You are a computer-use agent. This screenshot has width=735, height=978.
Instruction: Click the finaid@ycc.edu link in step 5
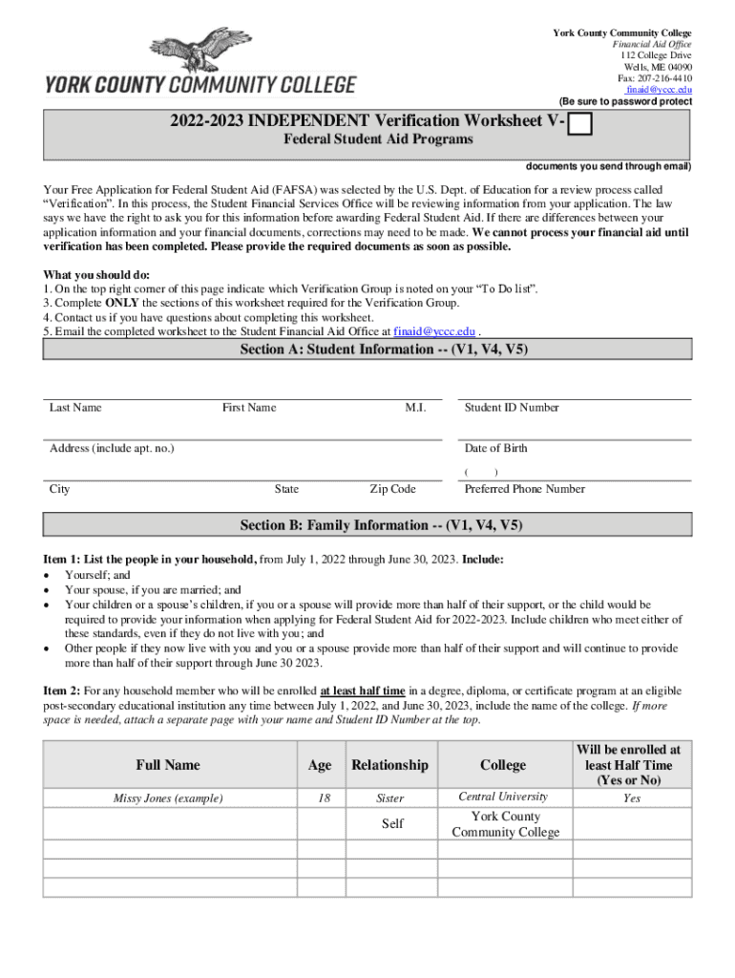tap(434, 331)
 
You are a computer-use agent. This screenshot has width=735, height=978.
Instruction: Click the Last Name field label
tap(75, 408)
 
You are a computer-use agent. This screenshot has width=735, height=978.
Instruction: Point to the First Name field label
tap(249, 408)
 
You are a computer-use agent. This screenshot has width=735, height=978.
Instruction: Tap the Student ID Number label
tap(512, 408)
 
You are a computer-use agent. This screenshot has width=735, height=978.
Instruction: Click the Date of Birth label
tap(495, 449)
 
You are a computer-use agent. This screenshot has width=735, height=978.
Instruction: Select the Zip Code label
tap(392, 489)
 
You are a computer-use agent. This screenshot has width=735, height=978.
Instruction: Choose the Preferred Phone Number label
tap(525, 489)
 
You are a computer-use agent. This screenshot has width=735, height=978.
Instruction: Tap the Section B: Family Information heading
tap(381, 525)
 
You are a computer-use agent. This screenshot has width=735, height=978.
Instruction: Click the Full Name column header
tap(168, 765)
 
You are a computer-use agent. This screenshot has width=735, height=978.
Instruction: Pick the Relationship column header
tap(389, 765)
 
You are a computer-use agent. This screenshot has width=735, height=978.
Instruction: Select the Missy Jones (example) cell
tap(168, 798)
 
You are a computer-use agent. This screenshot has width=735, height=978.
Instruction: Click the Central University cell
tap(503, 797)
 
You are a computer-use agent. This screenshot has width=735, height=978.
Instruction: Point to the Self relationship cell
tap(392, 823)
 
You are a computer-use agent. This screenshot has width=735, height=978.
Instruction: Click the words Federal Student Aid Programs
tap(380, 140)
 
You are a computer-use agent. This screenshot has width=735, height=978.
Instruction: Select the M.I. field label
tap(415, 408)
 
